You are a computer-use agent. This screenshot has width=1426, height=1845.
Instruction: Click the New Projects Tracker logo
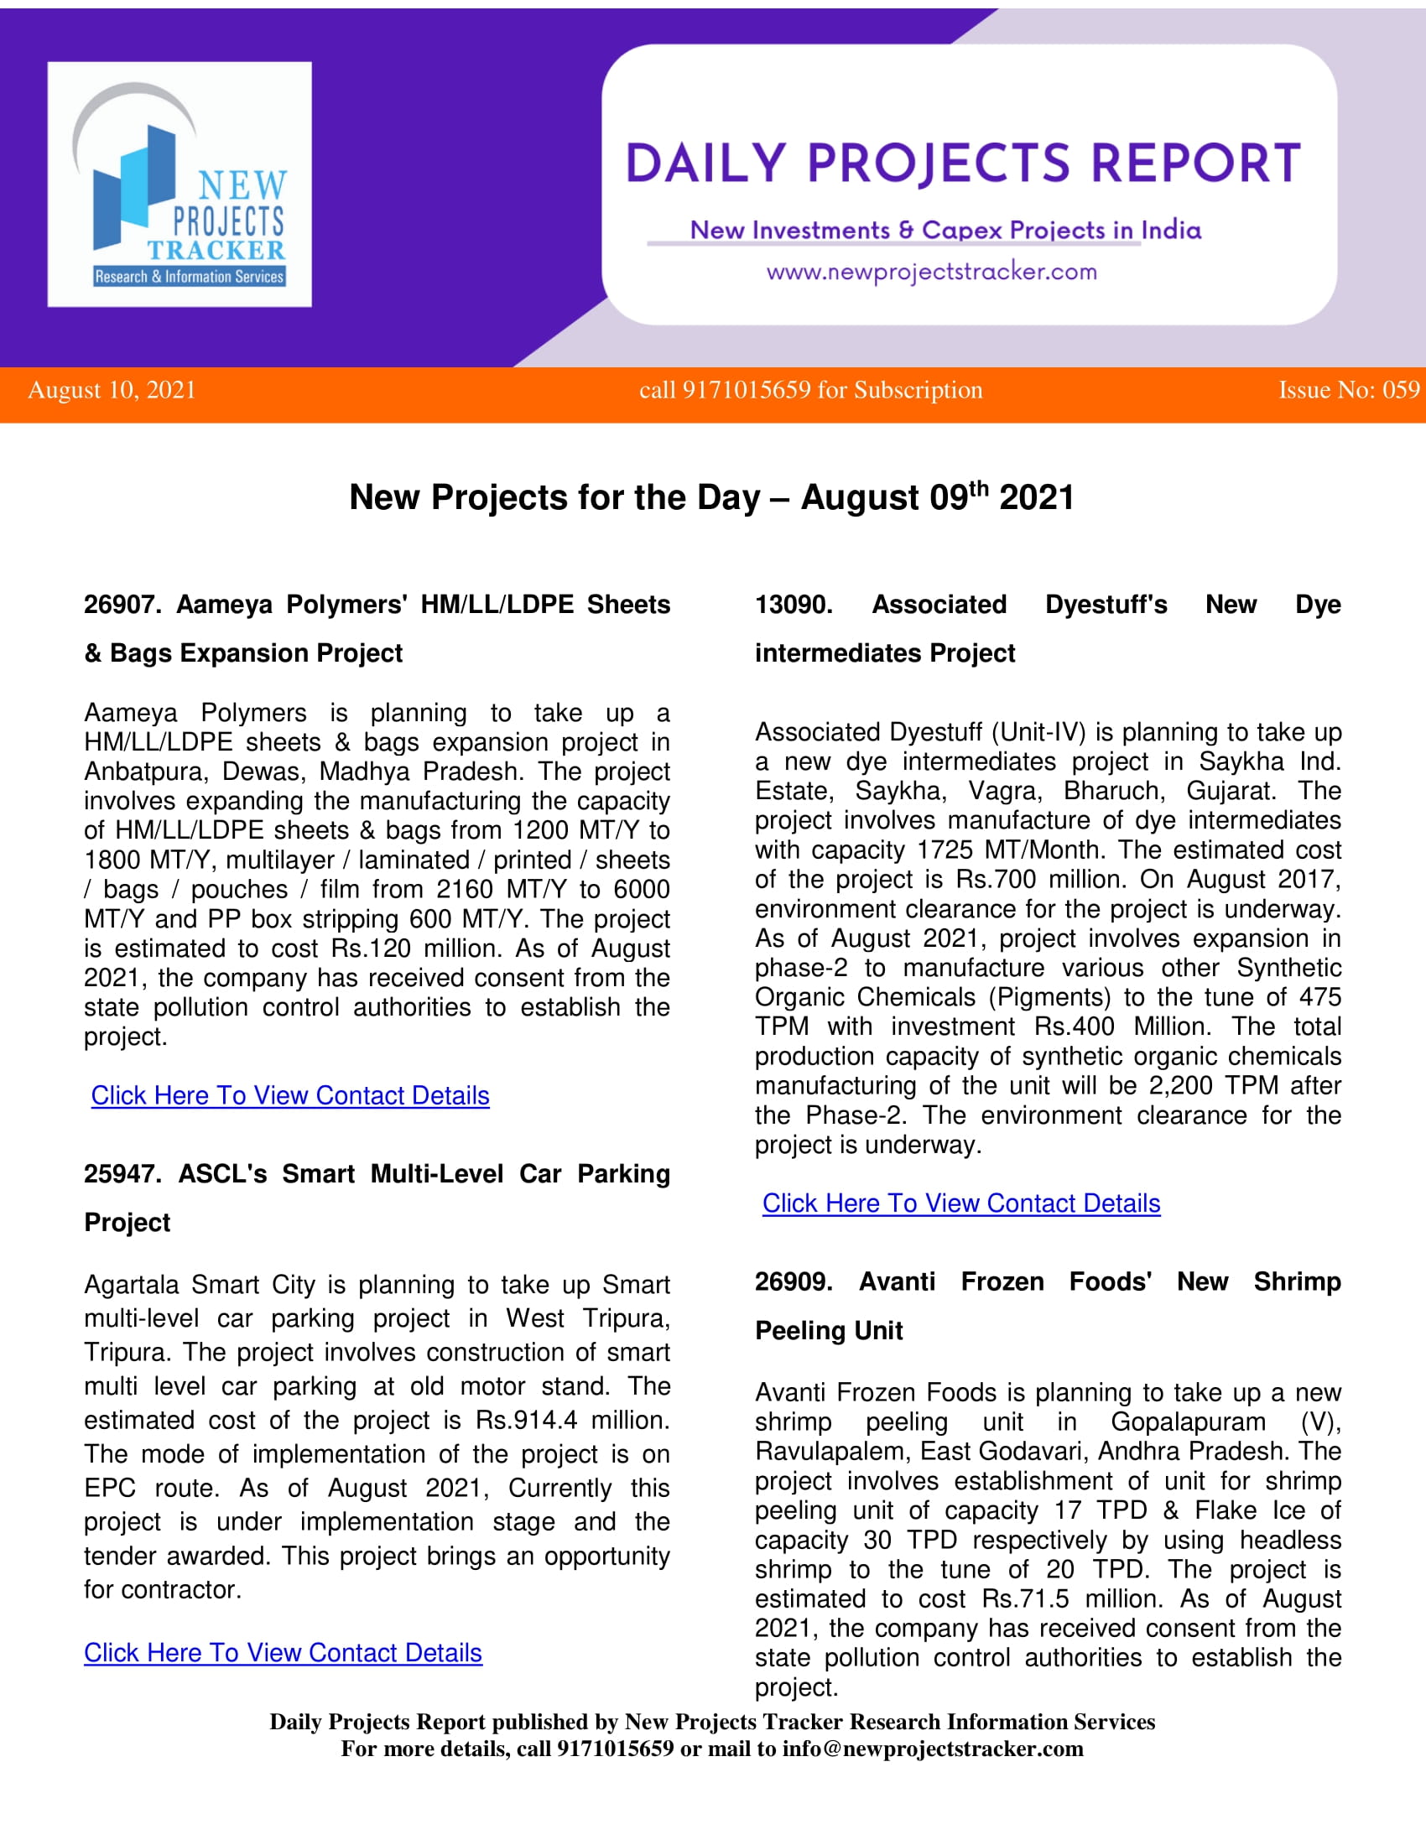(x=180, y=184)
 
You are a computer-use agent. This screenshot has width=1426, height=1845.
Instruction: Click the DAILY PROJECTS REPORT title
(x=962, y=164)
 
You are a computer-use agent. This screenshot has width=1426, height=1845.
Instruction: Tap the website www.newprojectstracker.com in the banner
(x=931, y=272)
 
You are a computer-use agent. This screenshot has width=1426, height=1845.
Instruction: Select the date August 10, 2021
(x=112, y=390)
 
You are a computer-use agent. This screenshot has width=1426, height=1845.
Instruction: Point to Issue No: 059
(x=1348, y=390)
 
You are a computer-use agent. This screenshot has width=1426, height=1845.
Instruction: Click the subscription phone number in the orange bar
(x=746, y=390)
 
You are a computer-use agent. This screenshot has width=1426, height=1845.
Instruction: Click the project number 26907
(x=122, y=605)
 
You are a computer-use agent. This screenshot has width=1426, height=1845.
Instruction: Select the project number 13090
(x=793, y=605)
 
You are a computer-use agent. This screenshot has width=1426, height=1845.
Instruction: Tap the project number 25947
(x=122, y=1174)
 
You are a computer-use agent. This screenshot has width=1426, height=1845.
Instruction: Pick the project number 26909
(x=793, y=1282)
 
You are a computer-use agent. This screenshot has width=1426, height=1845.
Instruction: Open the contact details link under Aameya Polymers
(x=289, y=1096)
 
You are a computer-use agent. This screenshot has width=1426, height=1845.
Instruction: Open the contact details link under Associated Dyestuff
(x=960, y=1203)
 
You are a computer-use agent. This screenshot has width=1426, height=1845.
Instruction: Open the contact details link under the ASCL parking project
(x=283, y=1653)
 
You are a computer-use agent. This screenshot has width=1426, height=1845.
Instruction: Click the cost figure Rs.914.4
(x=526, y=1420)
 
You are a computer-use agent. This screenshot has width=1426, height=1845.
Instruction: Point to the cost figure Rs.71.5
(x=1025, y=1599)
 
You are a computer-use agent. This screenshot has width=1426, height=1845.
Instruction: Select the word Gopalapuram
(x=1187, y=1421)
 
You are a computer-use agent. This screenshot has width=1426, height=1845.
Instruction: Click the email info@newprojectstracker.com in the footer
(x=933, y=1749)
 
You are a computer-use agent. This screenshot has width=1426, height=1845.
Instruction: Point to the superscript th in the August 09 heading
(x=978, y=489)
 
